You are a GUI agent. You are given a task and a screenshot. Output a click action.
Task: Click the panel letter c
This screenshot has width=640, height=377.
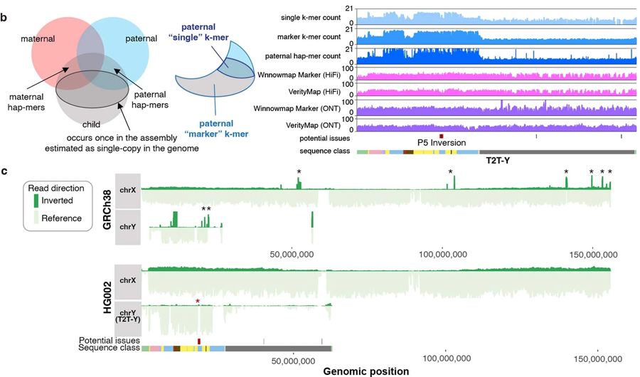(5, 171)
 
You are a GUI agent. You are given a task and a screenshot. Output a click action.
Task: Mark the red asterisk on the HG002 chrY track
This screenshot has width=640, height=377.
(198, 302)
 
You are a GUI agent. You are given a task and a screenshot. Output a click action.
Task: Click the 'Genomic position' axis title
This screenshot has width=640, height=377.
(366, 371)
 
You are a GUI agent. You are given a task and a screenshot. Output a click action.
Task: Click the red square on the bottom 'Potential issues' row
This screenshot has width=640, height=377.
(199, 341)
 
